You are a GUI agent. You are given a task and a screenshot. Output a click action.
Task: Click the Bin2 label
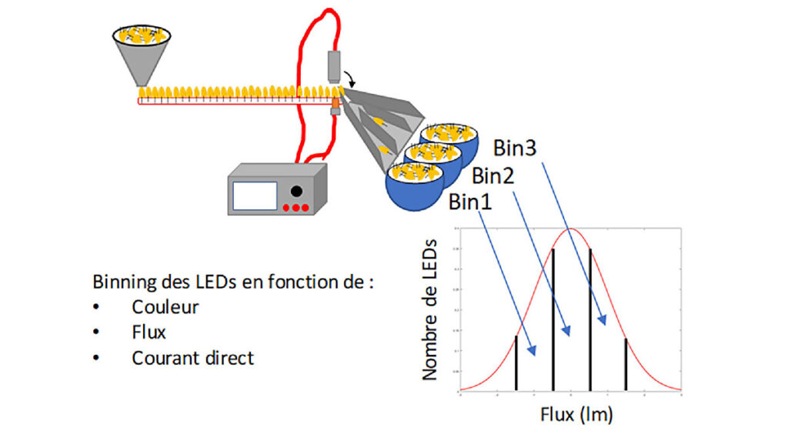click(x=492, y=175)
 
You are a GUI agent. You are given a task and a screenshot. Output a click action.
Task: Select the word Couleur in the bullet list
click(x=165, y=306)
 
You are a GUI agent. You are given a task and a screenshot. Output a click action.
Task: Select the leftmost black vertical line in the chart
click(x=516, y=362)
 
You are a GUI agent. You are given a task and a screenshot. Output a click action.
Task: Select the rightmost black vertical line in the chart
click(x=626, y=363)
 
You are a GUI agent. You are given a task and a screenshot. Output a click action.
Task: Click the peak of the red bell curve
click(x=570, y=229)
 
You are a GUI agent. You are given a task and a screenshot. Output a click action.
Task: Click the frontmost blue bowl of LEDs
click(x=415, y=185)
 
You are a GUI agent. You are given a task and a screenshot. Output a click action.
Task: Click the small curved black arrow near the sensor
click(x=350, y=77)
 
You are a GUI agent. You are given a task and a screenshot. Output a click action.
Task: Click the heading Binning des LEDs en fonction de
click(x=233, y=280)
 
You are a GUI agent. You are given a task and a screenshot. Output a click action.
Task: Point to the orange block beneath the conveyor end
click(x=336, y=101)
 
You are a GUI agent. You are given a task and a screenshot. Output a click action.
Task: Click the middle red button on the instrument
click(x=296, y=208)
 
